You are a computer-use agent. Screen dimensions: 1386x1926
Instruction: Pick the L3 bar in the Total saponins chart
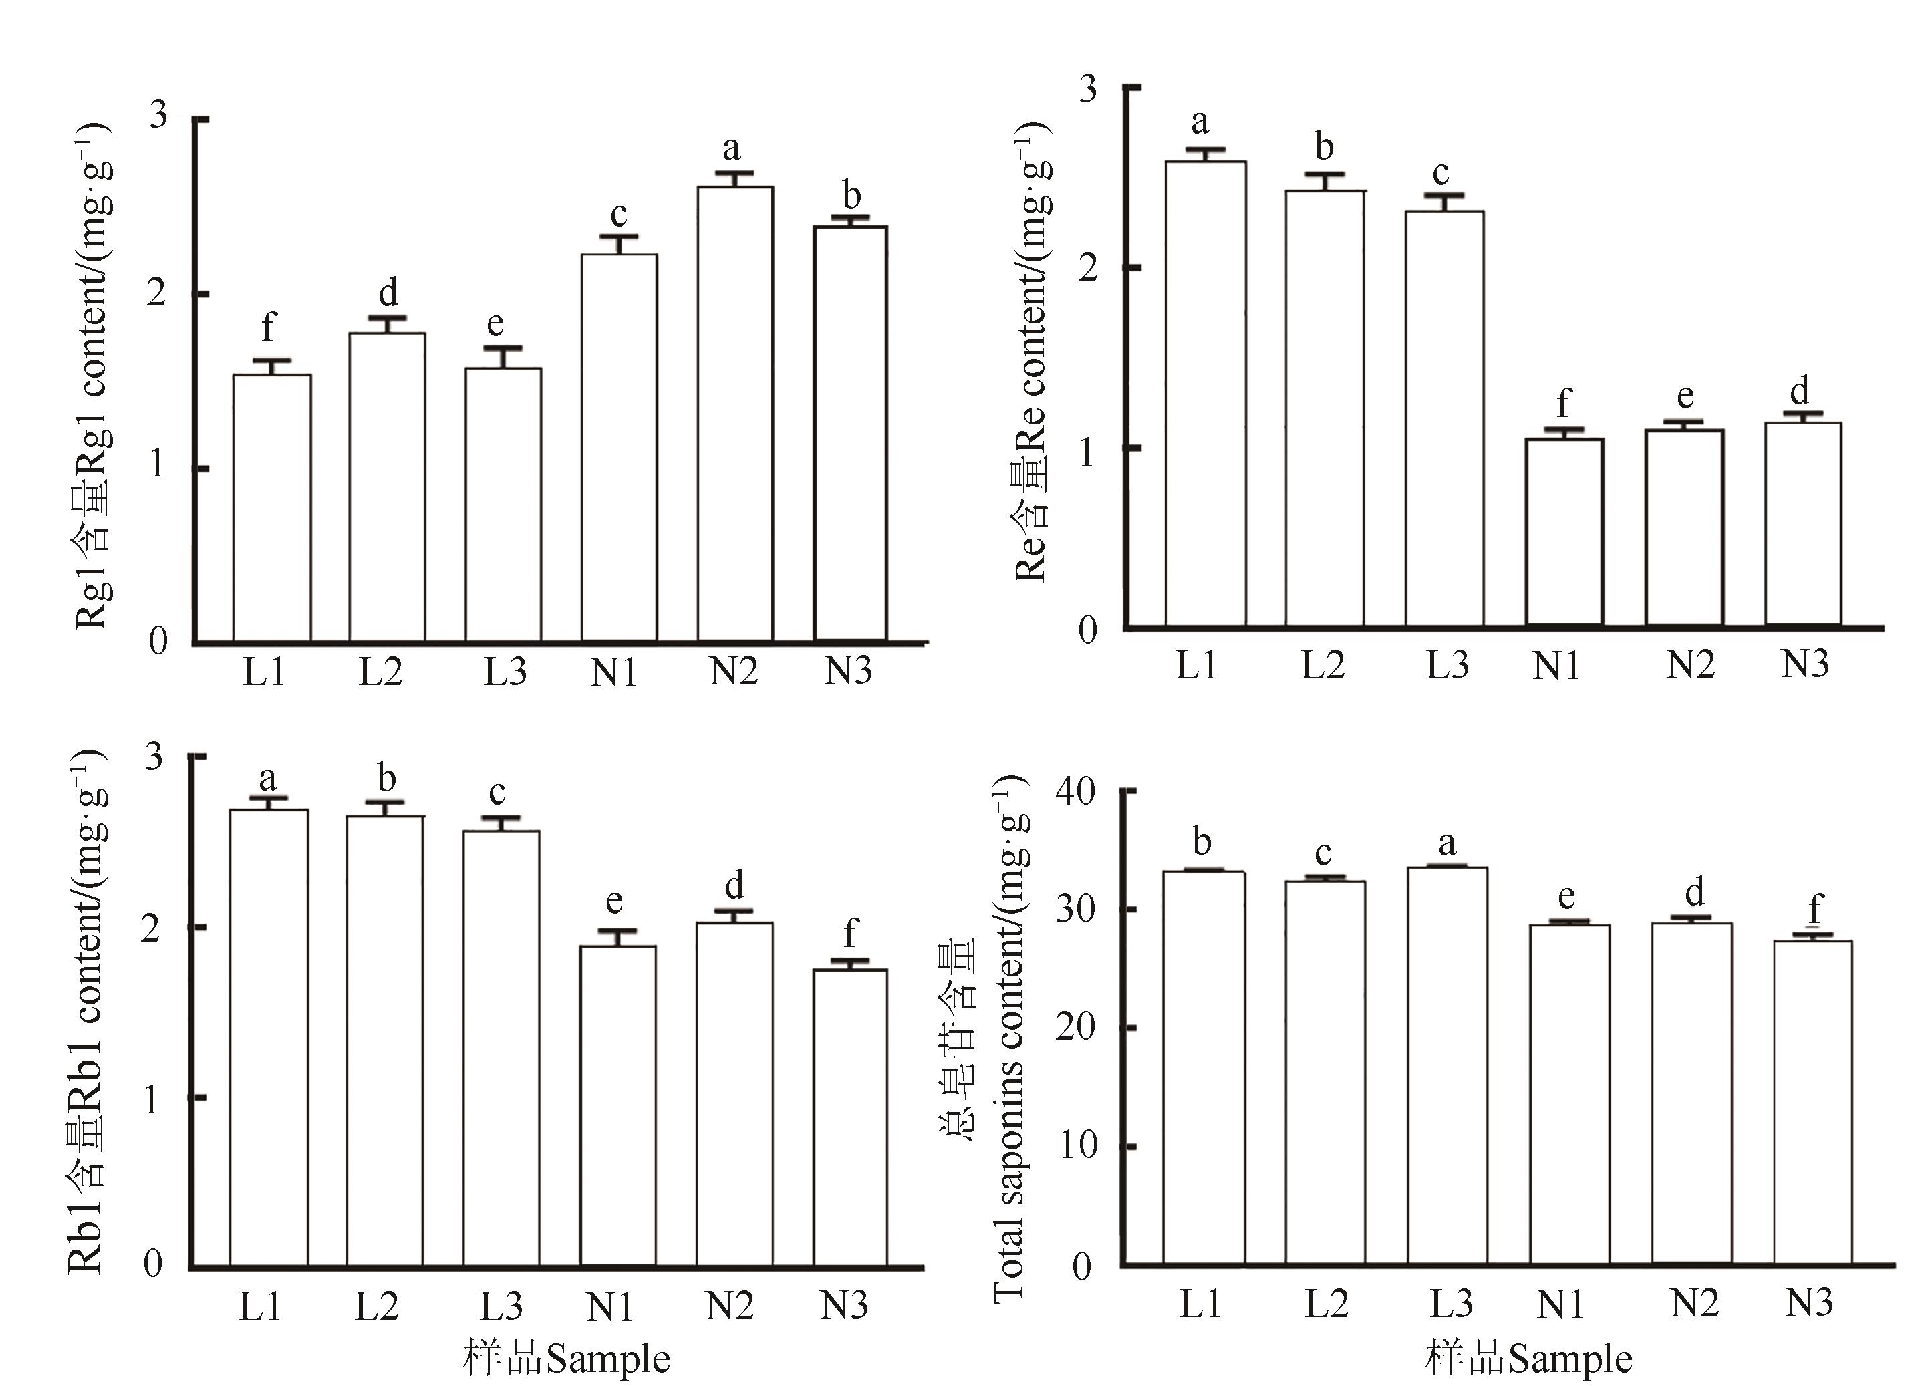[1447, 1066]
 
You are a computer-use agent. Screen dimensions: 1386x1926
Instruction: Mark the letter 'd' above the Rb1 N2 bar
[734, 885]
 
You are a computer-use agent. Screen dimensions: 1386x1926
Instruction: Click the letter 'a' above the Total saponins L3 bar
[1447, 844]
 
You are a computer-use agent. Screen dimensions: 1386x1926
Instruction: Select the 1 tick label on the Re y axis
[1087, 450]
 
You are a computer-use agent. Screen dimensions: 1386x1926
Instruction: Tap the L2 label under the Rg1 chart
[380, 672]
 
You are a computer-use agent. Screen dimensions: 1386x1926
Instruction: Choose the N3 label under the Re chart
[1804, 664]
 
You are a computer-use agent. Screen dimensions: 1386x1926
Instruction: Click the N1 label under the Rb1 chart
[609, 1308]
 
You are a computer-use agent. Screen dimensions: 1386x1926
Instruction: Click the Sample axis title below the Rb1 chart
[567, 1359]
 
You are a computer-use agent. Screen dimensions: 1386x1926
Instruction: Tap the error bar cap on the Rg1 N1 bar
[619, 237]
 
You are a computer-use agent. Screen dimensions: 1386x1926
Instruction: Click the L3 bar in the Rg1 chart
[503, 505]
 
